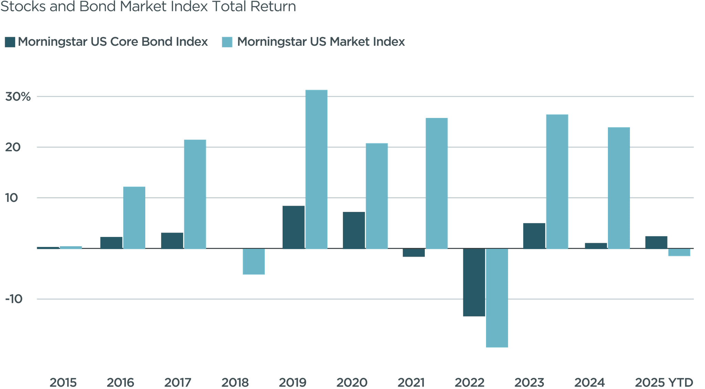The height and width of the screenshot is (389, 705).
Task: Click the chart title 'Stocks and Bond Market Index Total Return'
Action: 148,6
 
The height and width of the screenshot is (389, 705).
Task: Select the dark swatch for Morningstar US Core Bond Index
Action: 10,42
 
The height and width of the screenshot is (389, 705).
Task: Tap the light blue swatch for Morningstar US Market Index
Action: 227,42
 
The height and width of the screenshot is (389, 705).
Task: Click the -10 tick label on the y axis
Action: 14,299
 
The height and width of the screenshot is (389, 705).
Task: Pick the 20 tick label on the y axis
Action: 13,147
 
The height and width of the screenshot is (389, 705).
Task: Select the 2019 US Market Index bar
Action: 316,169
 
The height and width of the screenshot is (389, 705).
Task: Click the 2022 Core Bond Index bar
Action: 474,282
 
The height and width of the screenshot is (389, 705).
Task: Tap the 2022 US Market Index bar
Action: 497,298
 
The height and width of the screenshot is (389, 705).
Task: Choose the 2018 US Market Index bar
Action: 254,261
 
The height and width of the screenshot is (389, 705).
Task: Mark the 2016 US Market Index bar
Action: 134,217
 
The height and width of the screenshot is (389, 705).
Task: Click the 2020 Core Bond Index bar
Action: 354,230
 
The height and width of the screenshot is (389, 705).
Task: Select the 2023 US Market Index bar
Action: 557,181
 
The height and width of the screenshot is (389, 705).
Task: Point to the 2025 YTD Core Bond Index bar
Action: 656,242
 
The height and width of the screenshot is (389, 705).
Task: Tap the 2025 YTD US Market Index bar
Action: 679,252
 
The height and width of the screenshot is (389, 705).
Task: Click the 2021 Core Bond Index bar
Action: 414,253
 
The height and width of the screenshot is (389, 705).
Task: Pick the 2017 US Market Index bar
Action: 195,194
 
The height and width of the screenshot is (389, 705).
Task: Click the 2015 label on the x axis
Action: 63,382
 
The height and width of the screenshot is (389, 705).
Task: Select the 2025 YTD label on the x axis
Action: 664,382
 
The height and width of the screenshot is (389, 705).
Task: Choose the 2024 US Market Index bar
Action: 619,188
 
